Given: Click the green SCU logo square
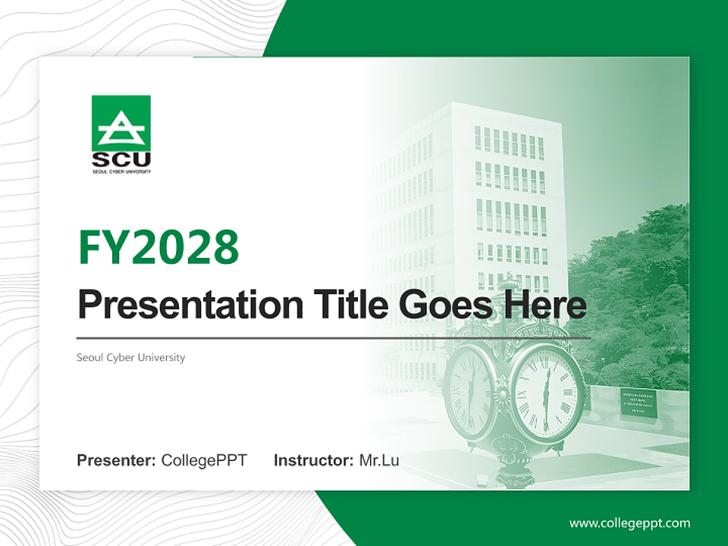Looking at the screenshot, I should click(121, 123).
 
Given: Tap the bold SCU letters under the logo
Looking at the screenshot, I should click(121, 160).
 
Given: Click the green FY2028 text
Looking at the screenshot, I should click(158, 246).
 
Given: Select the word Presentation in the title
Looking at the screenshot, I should click(179, 305).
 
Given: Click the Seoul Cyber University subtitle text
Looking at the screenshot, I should click(130, 357).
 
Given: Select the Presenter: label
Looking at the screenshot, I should click(117, 460).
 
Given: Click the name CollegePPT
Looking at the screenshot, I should click(204, 460).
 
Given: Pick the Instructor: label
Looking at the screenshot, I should click(314, 460).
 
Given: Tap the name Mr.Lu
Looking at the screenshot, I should click(379, 460).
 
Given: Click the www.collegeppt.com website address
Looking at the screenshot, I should click(629, 523).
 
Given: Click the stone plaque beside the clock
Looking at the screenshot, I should click(638, 403).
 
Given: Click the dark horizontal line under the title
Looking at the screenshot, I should click(334, 337).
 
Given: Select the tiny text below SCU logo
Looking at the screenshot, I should click(121, 172).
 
